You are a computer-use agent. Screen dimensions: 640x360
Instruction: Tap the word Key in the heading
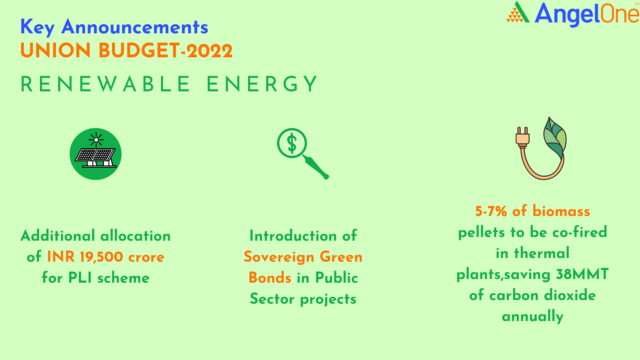point(37,27)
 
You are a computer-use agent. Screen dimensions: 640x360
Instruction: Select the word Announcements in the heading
point(135,27)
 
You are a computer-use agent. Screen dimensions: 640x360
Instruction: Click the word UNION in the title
point(56,51)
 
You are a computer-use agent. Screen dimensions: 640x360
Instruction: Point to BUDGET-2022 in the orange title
point(165,51)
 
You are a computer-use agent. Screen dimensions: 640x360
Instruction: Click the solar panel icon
point(96,154)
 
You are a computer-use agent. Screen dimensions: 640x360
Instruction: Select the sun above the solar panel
point(96,140)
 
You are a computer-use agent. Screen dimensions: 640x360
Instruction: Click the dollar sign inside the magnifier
point(292,143)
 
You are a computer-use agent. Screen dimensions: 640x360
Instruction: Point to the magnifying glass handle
point(316,167)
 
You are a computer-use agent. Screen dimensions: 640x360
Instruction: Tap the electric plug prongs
point(522,131)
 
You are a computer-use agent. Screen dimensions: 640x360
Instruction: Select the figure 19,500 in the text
point(102,257)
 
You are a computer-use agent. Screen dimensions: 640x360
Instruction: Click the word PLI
point(80,278)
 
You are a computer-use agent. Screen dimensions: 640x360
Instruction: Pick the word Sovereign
point(279,257)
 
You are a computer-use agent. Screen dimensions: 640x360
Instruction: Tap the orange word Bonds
point(270,278)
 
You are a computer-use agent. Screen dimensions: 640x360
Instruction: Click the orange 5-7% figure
point(491,211)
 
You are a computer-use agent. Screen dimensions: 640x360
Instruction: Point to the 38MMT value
point(582,274)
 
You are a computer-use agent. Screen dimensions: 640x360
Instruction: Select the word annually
point(533,316)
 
